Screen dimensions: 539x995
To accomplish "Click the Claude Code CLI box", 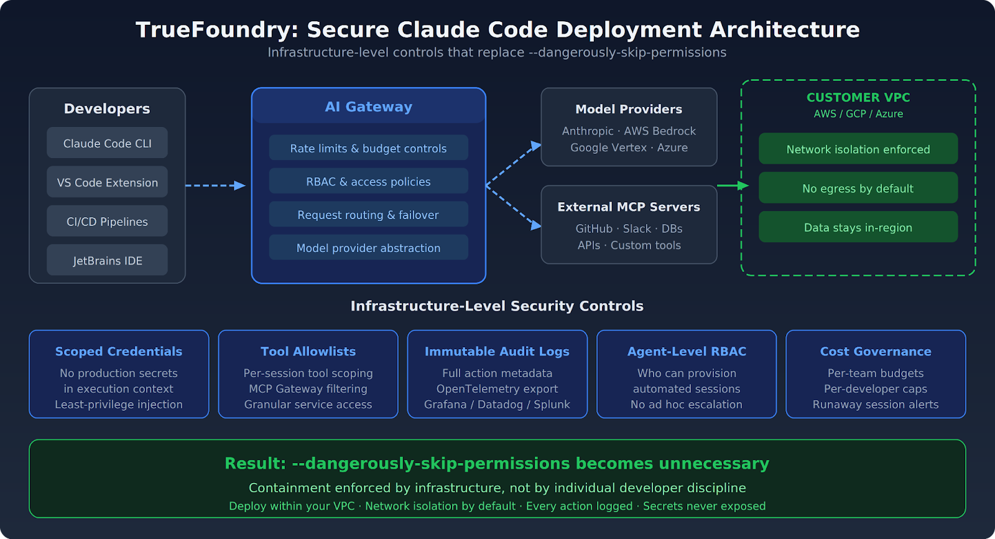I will [x=107, y=143].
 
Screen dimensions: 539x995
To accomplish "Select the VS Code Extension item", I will [x=107, y=182].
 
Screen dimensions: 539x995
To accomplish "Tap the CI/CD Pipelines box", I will [x=107, y=222].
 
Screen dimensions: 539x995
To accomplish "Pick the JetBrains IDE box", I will [x=107, y=260].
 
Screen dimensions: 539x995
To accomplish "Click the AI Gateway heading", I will [x=368, y=106].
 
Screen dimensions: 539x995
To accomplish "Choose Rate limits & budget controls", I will [x=368, y=148].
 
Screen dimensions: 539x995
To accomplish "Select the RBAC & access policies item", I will [x=368, y=181].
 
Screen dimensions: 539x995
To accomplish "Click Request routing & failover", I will [x=368, y=215].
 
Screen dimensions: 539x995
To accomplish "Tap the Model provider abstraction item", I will [x=368, y=248].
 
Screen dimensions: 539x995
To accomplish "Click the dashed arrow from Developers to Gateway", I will [x=215, y=185].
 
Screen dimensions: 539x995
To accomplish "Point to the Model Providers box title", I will [x=629, y=109].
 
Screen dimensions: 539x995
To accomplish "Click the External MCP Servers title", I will [x=629, y=207].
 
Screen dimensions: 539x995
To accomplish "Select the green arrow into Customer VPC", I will [x=733, y=185].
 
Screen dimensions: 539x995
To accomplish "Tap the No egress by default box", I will [x=858, y=188].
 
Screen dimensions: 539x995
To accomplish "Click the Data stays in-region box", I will [x=858, y=227].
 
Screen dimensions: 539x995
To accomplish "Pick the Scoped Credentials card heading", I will [x=119, y=351].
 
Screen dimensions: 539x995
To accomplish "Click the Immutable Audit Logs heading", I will [x=497, y=351].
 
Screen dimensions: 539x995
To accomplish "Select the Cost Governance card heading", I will [x=876, y=351].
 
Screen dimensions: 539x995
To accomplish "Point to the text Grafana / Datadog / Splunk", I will [x=497, y=405].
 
